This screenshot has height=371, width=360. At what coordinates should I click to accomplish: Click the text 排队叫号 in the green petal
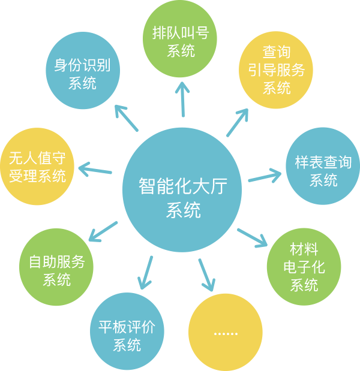coord(181,33)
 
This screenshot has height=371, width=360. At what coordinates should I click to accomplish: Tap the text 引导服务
coord(277,70)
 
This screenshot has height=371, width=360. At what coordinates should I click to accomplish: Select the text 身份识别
coord(82,65)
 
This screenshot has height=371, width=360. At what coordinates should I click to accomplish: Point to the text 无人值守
coord(37,158)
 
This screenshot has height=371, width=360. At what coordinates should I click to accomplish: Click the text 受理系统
coord(37,176)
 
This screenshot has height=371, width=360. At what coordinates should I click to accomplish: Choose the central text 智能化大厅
coord(183,186)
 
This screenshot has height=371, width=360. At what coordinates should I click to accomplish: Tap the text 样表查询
coord(323,162)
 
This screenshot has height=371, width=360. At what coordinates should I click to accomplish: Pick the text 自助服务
coord(57,262)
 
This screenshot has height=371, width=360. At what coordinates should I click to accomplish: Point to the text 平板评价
coord(127,327)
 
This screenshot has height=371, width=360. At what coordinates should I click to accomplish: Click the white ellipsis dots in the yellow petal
coord(226,334)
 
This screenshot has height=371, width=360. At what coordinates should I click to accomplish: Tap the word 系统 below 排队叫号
coord(181,51)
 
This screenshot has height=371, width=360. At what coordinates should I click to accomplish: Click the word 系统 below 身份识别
coord(82,83)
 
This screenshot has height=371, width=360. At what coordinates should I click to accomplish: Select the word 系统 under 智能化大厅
coord(183,210)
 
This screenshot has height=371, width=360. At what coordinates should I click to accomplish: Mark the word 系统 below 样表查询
coord(323,180)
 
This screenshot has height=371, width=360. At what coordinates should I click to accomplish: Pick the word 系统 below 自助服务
coord(57,280)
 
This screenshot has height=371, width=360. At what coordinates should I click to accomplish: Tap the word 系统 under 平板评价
coord(127,345)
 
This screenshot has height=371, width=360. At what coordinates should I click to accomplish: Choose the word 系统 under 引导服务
coord(277,88)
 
